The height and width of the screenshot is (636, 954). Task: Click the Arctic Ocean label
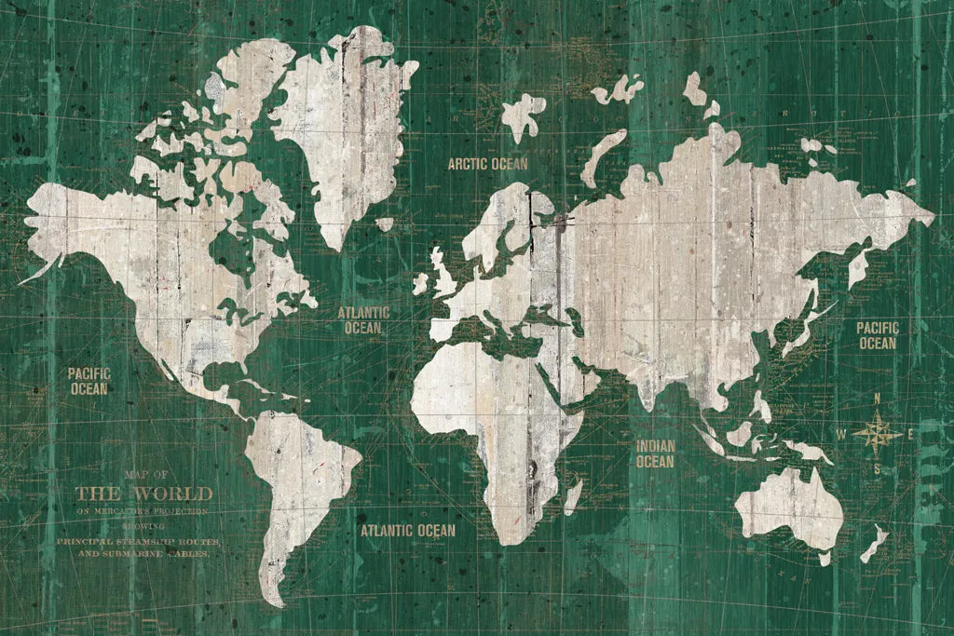487,164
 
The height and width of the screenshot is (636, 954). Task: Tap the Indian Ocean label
655,453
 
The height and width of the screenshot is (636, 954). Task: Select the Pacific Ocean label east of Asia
877,335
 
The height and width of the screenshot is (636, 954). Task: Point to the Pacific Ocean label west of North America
89,381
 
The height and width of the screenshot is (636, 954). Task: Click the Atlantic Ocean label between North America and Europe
363,319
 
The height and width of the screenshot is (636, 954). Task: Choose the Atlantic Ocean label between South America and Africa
408,531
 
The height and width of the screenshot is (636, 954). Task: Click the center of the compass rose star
876,433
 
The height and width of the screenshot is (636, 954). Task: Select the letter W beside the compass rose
840,434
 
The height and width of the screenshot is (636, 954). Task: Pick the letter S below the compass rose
876,469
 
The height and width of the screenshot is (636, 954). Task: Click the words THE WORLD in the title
143,494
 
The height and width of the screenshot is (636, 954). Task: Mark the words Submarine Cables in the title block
157,553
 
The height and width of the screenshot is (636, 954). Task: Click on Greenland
345,121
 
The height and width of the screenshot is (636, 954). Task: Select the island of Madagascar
574,494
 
